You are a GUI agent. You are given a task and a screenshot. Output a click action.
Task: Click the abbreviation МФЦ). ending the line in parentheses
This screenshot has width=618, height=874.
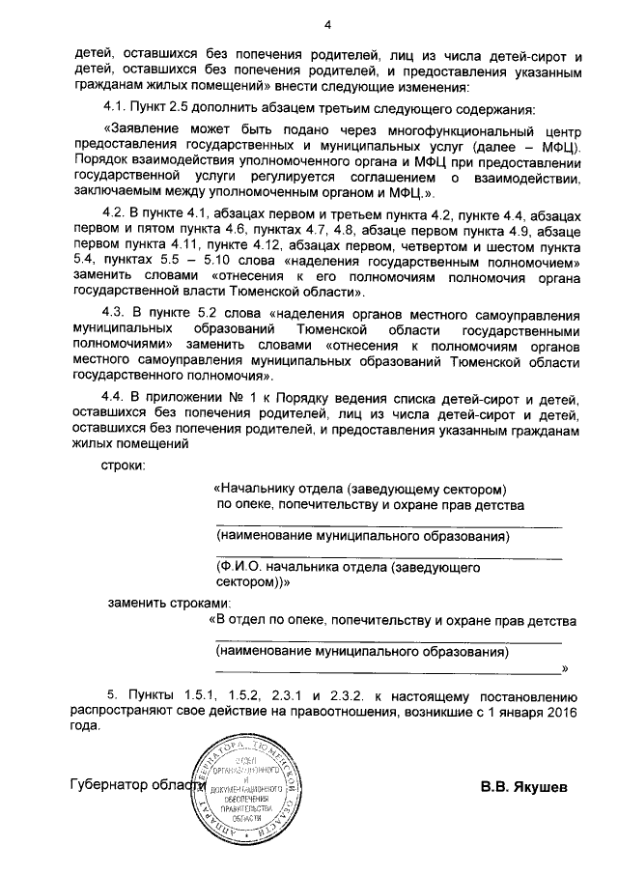pos(560,146)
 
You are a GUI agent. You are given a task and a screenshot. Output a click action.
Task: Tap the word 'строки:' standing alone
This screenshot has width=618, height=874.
pos(124,467)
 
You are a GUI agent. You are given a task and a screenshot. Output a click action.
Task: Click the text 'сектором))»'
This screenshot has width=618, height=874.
pos(254,583)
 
